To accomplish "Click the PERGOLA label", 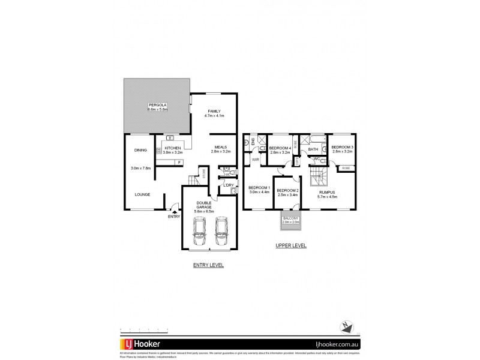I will click(x=158, y=105).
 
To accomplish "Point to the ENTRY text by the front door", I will click(x=174, y=216).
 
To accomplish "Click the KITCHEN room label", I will click(x=172, y=148).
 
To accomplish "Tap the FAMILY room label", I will click(x=214, y=111).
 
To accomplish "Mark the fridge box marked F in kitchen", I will click(x=180, y=162).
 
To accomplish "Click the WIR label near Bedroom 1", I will click(x=255, y=160).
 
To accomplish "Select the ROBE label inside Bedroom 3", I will click(x=347, y=169).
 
